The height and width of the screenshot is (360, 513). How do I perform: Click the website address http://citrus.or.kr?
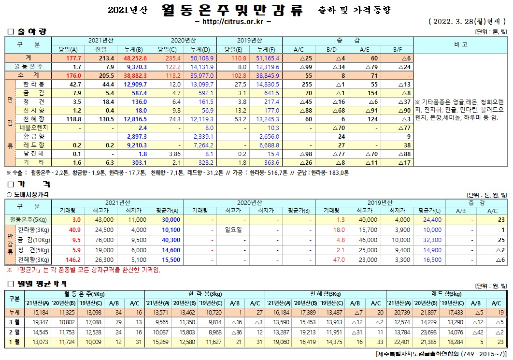pos(234,22)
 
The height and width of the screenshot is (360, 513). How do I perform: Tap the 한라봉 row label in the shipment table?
pos(35,84)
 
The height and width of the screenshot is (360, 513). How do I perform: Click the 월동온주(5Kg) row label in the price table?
pos(27,220)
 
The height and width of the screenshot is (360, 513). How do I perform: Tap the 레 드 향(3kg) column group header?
pos(447,294)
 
